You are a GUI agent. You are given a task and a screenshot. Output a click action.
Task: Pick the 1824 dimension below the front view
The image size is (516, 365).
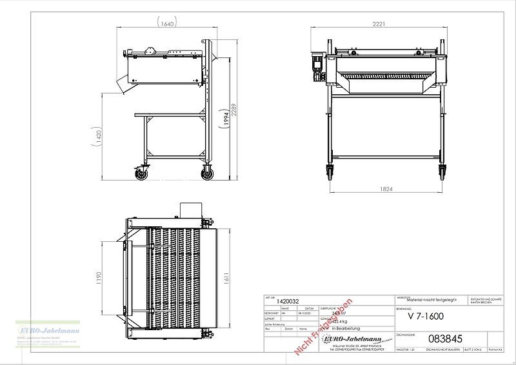click(385, 190)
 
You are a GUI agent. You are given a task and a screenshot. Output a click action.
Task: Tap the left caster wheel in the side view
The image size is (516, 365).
click(141, 173)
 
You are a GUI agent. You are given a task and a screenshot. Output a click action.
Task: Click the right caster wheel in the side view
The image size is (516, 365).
click(208, 173)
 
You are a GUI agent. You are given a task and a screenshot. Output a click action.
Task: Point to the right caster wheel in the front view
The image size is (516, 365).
click(443, 172)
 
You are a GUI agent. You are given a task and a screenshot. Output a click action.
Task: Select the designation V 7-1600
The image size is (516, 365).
click(426, 316)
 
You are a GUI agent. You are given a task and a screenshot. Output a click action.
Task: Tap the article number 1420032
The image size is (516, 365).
click(287, 301)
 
